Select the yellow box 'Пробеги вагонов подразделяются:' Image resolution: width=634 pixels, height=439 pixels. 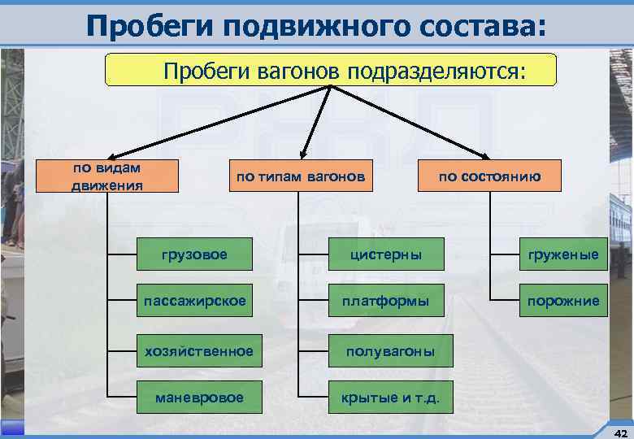tap(331, 70)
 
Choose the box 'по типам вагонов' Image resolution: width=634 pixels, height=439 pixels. tap(300, 176)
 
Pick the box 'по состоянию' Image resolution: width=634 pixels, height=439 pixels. tap(489, 176)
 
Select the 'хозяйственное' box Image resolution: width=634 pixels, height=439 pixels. tap(199, 350)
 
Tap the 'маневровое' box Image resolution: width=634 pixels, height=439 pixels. tap(199, 397)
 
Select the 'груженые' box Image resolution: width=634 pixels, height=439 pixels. tap(563, 254)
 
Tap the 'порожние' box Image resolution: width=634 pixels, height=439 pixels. tap(563, 301)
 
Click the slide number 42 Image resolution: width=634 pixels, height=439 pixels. tap(620, 431)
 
